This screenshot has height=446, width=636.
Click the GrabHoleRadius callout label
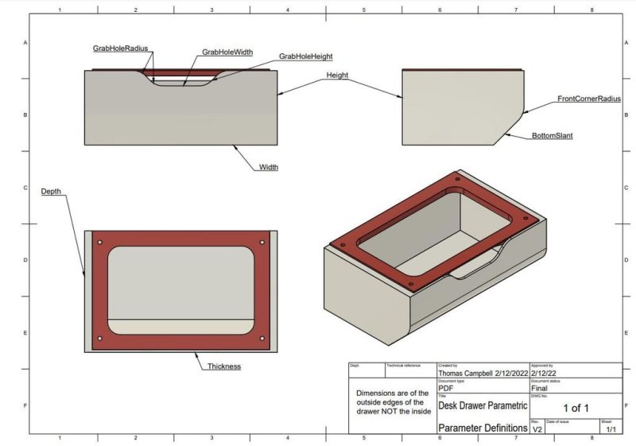(x=120, y=48)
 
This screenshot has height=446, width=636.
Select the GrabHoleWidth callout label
(x=227, y=52)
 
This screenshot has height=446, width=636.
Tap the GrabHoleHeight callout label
(x=305, y=57)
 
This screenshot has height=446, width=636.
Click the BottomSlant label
(x=553, y=136)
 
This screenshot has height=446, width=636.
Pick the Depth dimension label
(x=51, y=192)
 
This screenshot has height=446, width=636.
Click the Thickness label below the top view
(x=224, y=366)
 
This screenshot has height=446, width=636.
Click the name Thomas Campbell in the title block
(x=465, y=371)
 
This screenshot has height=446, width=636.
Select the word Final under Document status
(x=539, y=388)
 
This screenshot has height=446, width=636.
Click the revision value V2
(x=537, y=429)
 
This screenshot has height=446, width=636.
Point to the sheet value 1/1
(x=611, y=429)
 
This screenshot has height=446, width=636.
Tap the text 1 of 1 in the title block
(x=576, y=408)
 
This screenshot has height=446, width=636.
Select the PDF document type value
(x=446, y=388)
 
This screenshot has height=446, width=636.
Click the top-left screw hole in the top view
(x=100, y=242)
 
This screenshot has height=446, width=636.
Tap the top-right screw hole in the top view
(x=262, y=242)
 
